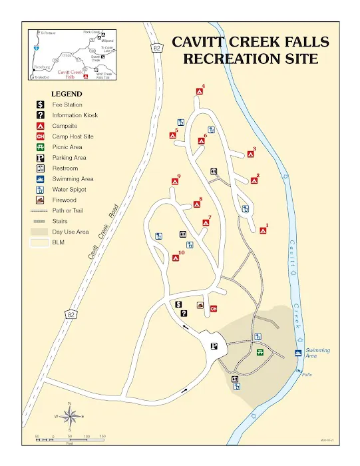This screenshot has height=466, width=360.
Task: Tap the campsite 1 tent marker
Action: pos(263,231)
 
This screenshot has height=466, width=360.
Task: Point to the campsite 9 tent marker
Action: pos(174,182)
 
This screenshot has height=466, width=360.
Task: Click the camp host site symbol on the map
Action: pos(214,308)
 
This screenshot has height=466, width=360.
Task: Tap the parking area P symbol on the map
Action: pos(214,345)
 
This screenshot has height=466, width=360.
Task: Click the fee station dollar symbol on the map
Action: pos(178,304)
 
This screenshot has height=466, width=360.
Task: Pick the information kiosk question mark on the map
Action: pos(184,314)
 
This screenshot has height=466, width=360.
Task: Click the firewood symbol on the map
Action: pos(200,305)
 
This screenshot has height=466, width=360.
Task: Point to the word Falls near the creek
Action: pos(306,374)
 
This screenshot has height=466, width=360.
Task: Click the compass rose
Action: pos(70,416)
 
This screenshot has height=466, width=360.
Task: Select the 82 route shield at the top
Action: pos(156,47)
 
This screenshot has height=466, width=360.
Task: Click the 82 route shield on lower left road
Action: pos(70,314)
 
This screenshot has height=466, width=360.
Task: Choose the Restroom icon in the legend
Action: pos(40,168)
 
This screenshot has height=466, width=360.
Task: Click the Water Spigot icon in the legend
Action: pos(40,189)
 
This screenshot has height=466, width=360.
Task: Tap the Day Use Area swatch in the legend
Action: pos(40,232)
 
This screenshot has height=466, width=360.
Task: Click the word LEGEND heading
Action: pos(67,95)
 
